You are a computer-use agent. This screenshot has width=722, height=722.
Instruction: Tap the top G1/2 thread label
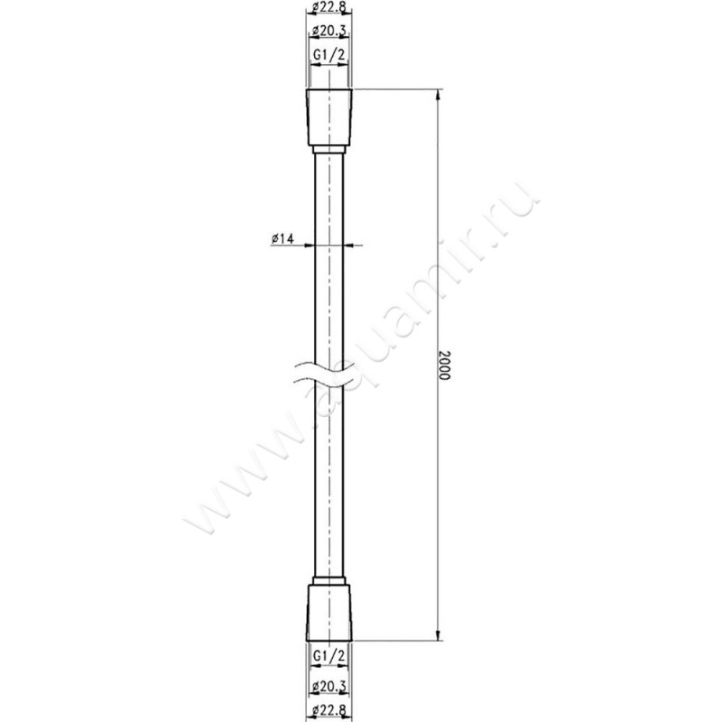329,56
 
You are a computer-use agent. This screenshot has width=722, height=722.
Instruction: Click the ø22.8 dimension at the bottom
329,711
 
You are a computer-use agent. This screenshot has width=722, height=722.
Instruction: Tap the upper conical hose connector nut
329,116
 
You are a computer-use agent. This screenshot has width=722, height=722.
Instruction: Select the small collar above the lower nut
329,579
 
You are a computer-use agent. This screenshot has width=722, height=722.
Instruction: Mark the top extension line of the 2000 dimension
397,89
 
